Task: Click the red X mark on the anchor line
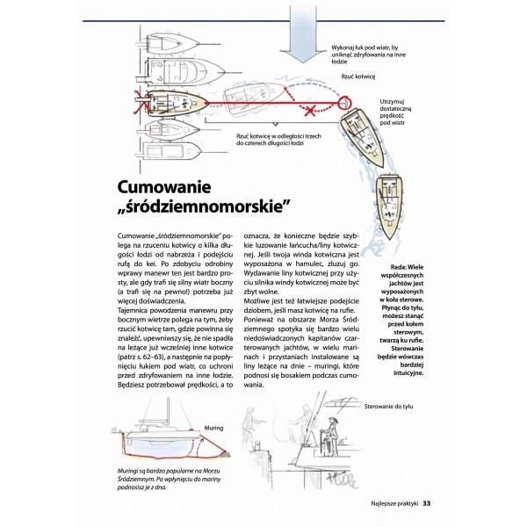point(309,110)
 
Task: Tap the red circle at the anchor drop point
point(343,99)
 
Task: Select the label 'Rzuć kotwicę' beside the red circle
point(357,76)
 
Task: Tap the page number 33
point(426,503)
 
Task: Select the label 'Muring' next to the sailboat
point(215,428)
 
